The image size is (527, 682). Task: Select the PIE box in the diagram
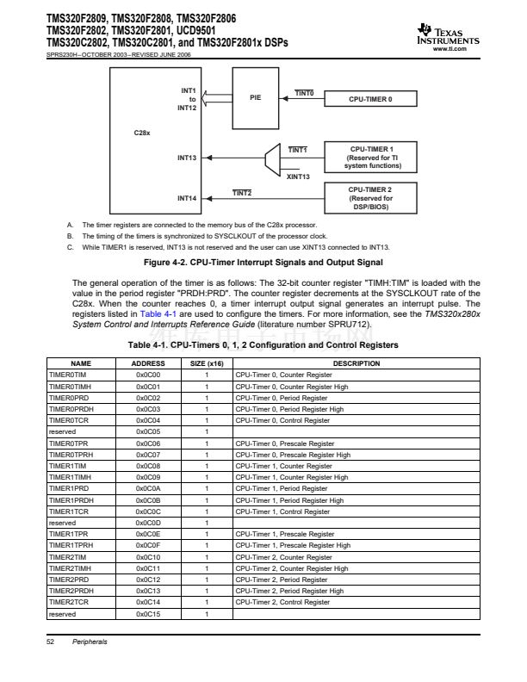[255, 97]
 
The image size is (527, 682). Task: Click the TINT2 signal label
[242, 192]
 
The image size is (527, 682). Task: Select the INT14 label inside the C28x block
[187, 198]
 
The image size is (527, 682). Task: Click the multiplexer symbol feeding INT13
[271, 158]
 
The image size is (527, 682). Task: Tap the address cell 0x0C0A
[149, 488]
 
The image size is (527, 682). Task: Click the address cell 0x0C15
[149, 614]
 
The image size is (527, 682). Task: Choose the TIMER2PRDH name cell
[70, 591]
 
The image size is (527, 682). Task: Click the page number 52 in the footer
[50, 642]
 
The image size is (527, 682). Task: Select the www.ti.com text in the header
[456, 50]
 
